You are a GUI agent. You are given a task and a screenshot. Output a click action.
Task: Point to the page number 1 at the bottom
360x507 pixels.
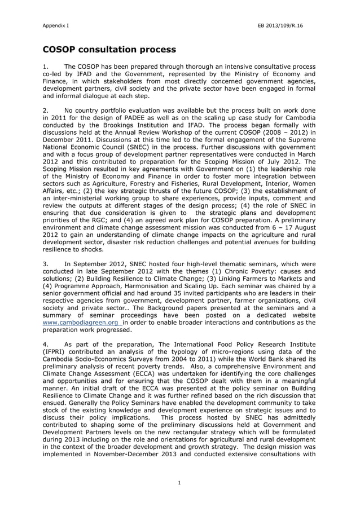click(x=179, y=482)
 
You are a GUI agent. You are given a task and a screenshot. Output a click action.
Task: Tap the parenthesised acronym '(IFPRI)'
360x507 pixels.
click(x=56, y=351)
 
